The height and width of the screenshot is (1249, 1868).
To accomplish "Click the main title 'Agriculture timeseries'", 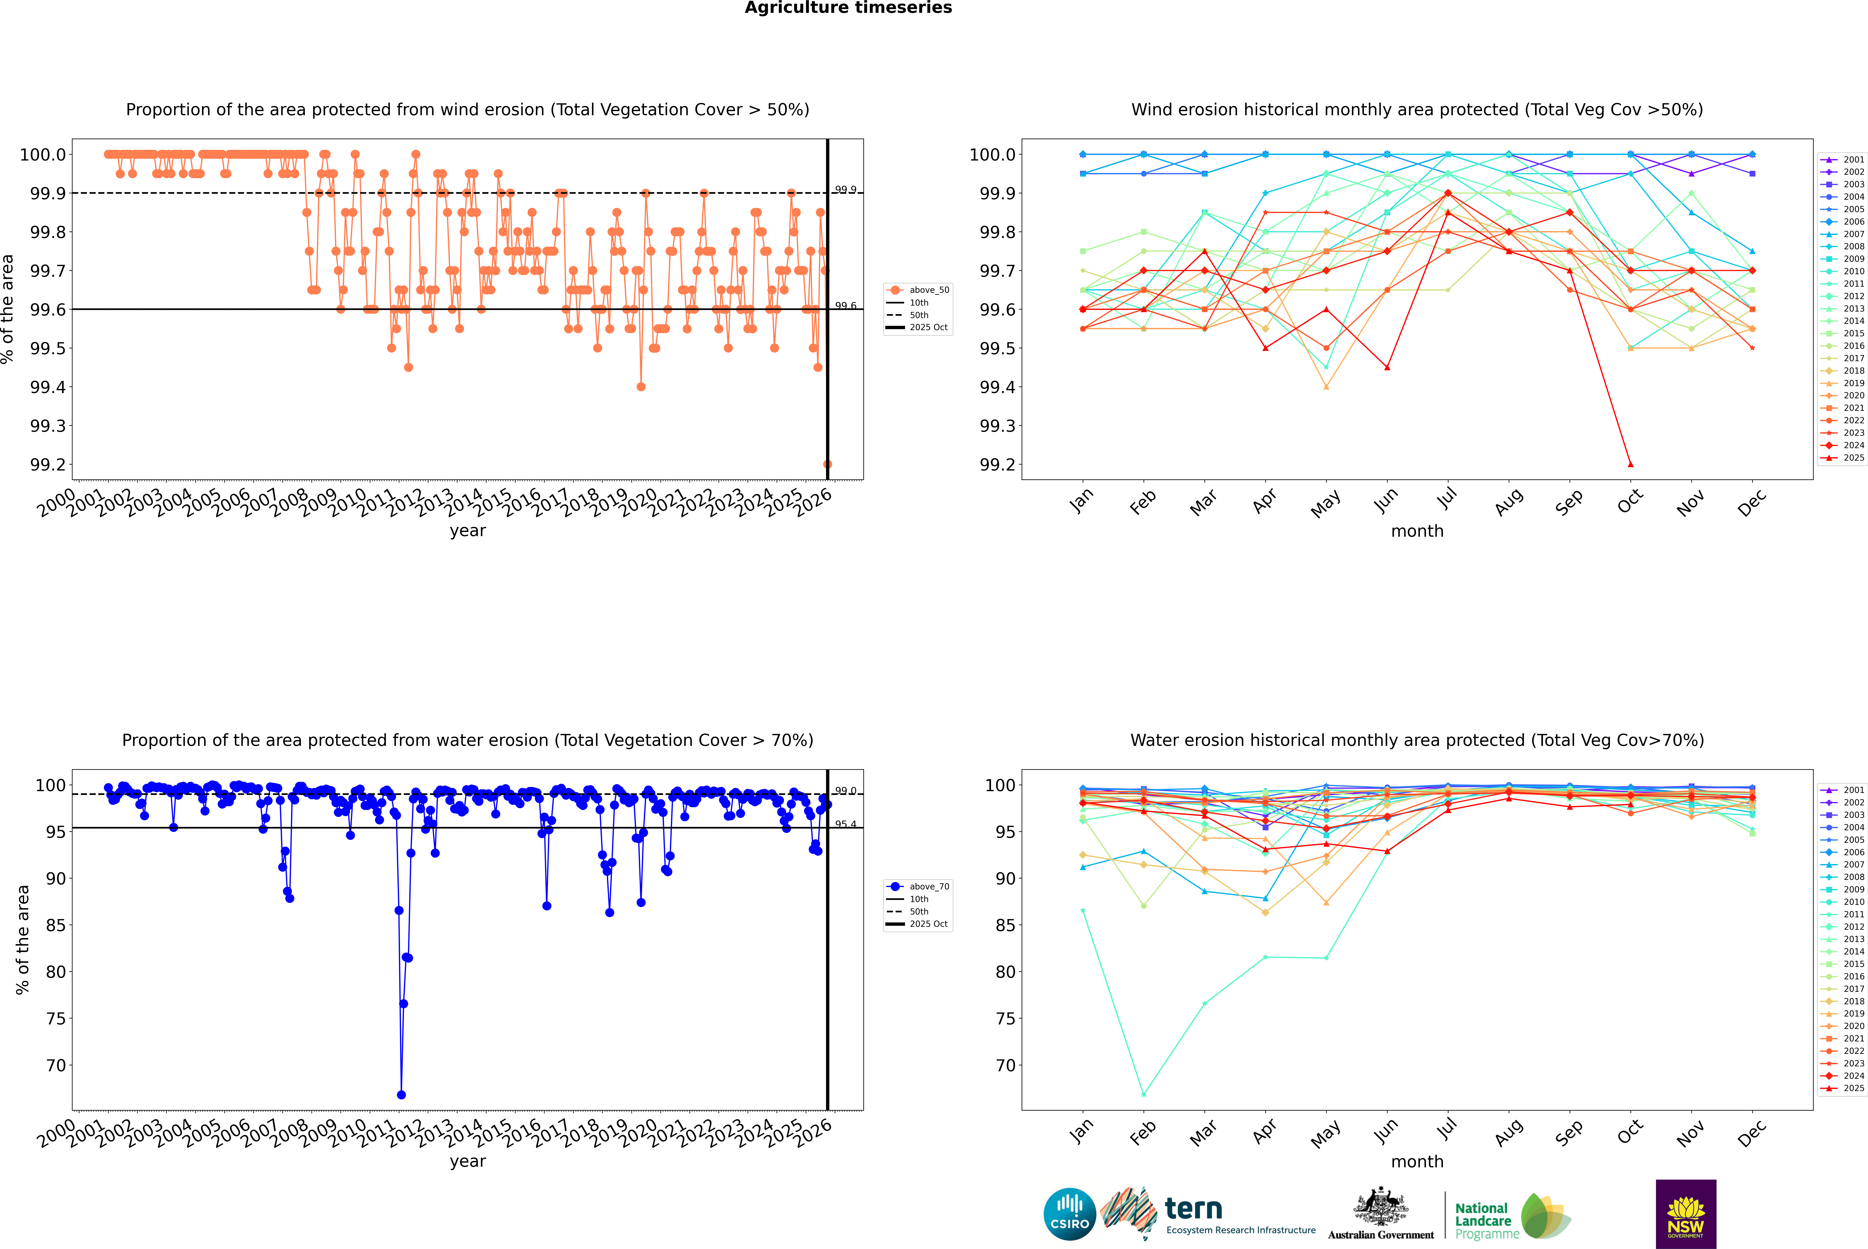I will (848, 8).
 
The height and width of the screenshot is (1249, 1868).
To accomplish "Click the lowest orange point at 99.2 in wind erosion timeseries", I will (827, 464).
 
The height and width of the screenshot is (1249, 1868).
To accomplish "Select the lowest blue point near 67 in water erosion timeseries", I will (401, 1094).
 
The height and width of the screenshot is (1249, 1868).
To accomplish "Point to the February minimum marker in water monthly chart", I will (1143, 1094).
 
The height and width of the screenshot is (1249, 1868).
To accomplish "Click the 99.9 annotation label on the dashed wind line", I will (845, 190).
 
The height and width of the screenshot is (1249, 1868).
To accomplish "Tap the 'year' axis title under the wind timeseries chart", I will (467, 531).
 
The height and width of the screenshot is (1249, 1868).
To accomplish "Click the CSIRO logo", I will (1069, 1214).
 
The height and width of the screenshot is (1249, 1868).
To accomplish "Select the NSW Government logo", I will (1686, 1214).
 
